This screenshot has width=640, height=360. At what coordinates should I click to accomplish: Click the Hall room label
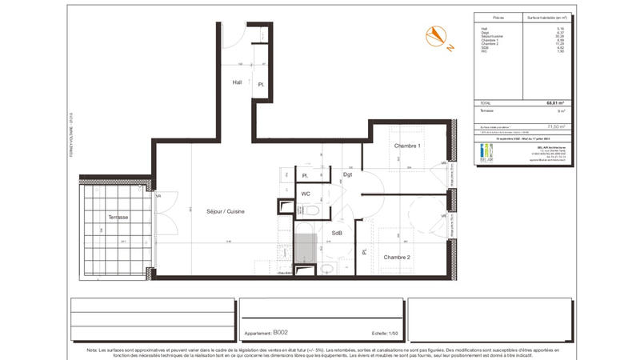pyautogui.click(x=238, y=82)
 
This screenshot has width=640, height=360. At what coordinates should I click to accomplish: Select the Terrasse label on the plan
pyautogui.click(x=118, y=217)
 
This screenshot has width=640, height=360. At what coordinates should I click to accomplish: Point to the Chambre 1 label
pyautogui.click(x=407, y=146)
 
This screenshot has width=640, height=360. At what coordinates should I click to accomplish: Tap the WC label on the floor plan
pyautogui.click(x=306, y=194)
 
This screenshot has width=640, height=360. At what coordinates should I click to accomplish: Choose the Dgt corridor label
pyautogui.click(x=347, y=174)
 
